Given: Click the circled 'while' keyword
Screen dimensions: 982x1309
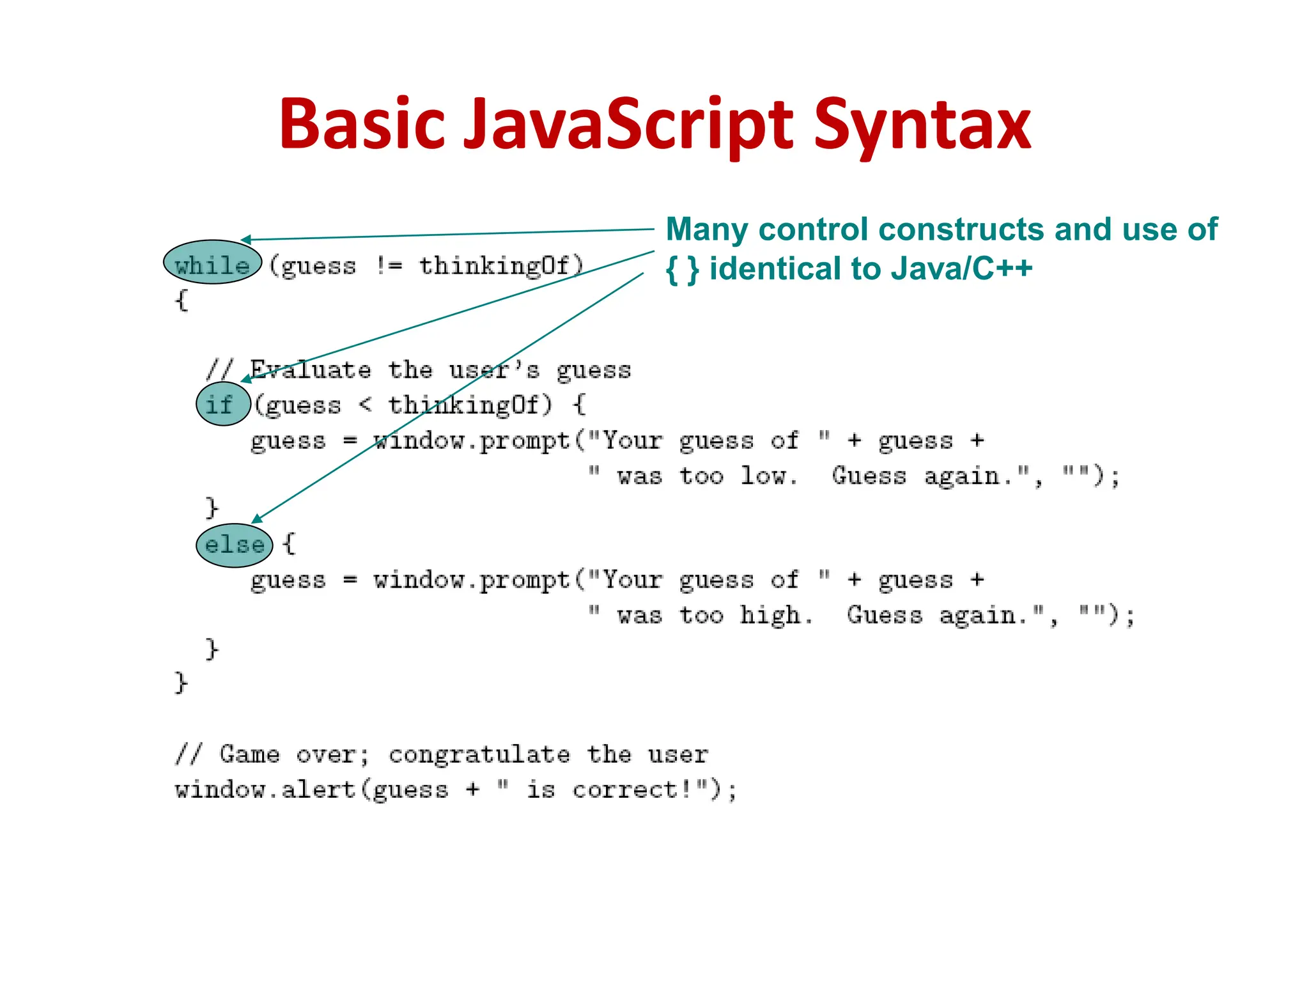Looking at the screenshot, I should pyautogui.click(x=212, y=263).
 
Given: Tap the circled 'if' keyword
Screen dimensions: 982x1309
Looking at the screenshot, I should pyautogui.click(x=221, y=404).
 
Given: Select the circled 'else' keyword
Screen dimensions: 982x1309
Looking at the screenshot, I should pyautogui.click(x=234, y=545).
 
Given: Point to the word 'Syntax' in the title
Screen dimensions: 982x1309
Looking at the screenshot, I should pyautogui.click(x=922, y=125).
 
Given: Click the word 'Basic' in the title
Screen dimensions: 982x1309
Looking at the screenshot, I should pyautogui.click(x=362, y=125).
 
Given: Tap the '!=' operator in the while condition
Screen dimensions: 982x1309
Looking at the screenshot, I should pyautogui.click(x=388, y=265).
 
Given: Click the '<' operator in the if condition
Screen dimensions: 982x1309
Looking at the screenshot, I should pyautogui.click(x=365, y=404).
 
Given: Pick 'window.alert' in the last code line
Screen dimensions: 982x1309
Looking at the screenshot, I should pyautogui.click(x=265, y=790).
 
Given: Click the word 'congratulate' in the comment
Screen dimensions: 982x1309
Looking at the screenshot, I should pyautogui.click(x=479, y=755).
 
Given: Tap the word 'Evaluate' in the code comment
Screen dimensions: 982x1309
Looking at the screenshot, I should pyautogui.click(x=310, y=370).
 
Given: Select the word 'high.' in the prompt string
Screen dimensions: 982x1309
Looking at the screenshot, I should pyautogui.click(x=776, y=615).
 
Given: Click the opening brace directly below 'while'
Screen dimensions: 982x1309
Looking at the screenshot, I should pyautogui.click(x=182, y=300).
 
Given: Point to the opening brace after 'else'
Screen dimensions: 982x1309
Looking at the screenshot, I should pyautogui.click(x=289, y=544).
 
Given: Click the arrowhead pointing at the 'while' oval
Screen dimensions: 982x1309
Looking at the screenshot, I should pyautogui.click(x=246, y=240).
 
